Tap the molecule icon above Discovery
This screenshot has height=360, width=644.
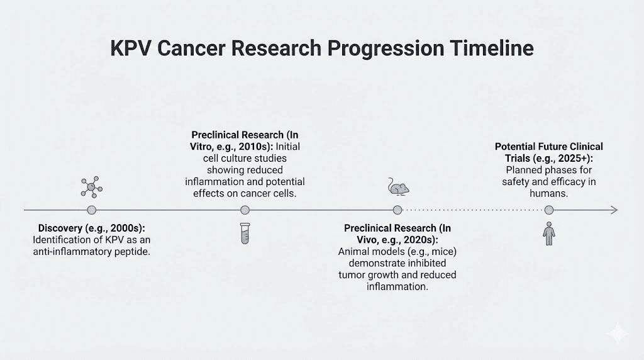click(92, 187)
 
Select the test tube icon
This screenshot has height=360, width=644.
click(245, 233)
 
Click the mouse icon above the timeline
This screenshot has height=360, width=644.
click(397, 186)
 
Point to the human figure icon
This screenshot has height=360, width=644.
click(549, 233)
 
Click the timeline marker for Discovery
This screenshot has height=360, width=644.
click(92, 210)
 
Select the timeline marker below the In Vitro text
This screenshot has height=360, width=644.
click(245, 210)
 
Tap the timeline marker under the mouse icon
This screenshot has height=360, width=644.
click(397, 210)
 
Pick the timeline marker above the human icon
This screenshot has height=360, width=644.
click(549, 210)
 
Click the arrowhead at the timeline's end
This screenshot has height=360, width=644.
click(614, 210)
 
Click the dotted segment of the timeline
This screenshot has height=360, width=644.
click(472, 210)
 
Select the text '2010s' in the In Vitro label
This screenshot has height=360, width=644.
click(251, 147)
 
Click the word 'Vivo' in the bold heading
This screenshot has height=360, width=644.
click(356, 240)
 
